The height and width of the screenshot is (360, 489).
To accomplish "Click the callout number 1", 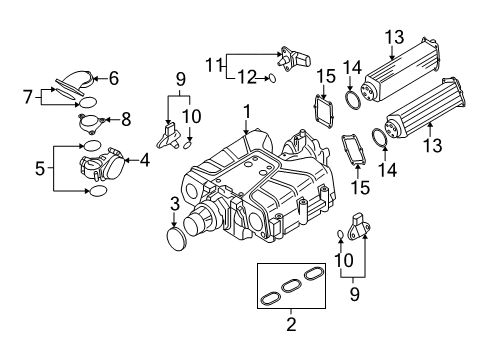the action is [247, 112].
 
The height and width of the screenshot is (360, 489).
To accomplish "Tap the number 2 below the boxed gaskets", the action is [291, 324].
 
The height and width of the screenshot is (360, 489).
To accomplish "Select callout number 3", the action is [175, 204].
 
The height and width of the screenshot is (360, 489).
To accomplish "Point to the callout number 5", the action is [40, 168].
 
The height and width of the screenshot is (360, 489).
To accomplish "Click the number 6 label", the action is [114, 78].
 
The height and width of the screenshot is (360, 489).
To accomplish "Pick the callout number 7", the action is [28, 97].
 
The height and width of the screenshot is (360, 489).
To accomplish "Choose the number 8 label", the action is [126, 119].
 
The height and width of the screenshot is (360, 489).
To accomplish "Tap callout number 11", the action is [213, 65].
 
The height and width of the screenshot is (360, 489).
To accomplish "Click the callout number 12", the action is [247, 78].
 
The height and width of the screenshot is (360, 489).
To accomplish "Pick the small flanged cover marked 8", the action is [91, 123].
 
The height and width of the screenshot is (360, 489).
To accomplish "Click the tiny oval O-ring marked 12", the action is [272, 79].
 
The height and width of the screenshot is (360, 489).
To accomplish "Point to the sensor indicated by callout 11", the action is [294, 59].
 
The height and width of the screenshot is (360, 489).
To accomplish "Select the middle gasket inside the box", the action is [291, 286].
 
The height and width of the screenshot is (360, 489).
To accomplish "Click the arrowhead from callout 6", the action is [94, 79].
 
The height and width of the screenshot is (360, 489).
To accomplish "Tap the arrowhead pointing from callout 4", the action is [126, 161].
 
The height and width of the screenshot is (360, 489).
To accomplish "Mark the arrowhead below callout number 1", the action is [246, 132].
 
